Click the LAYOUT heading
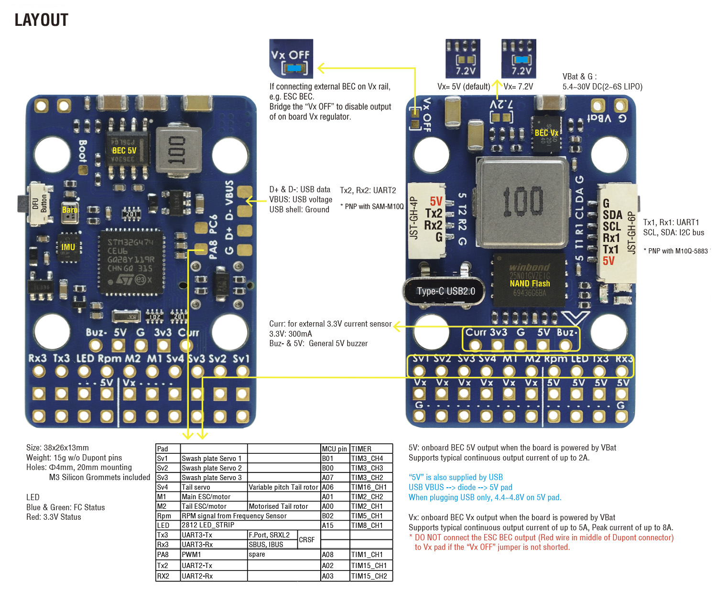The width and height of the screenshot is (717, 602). (x=42, y=20)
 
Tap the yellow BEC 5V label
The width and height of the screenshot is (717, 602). (x=124, y=151)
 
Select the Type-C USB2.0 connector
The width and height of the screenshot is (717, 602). (x=445, y=291)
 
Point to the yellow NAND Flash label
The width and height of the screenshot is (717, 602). (x=530, y=284)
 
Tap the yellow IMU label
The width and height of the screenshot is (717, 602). (x=68, y=247)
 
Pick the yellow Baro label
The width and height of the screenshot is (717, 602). (x=70, y=210)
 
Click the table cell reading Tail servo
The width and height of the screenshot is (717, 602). (x=196, y=487)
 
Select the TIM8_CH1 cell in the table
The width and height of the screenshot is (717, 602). (x=367, y=525)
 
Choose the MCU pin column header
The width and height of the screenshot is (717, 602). (x=335, y=449)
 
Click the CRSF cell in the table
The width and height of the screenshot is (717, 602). (x=307, y=540)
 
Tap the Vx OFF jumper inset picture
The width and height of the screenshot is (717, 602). (x=291, y=58)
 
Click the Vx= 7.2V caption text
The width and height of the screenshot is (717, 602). (x=518, y=87)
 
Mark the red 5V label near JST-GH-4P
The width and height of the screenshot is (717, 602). (x=436, y=201)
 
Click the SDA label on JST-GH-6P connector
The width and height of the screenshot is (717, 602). (x=612, y=215)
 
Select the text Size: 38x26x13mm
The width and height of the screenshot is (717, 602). (x=57, y=448)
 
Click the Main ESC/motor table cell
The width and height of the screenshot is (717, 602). (x=206, y=497)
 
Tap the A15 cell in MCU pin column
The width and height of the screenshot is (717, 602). (x=327, y=525)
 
